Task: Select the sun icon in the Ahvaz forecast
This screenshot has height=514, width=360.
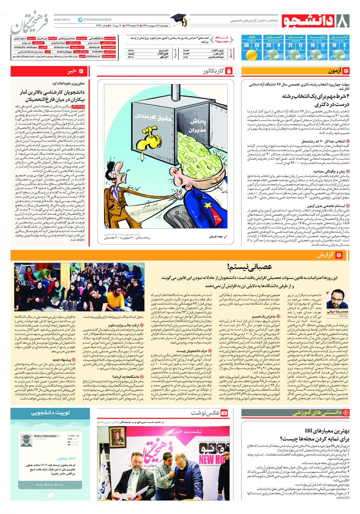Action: [251, 55]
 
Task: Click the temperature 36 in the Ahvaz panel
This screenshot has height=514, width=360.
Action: [247, 46]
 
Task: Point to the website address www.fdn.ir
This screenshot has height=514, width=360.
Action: [62, 19]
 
